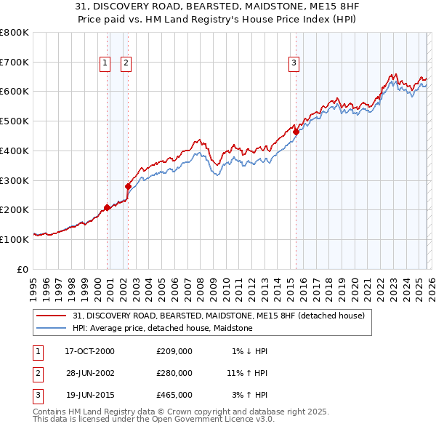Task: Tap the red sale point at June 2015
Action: [x=296, y=132]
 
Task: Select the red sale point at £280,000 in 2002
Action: [x=129, y=186]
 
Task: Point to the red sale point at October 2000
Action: [x=107, y=207]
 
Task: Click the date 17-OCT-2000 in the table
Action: [x=89, y=351]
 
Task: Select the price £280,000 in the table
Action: [x=174, y=373]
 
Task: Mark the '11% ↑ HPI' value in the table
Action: [x=248, y=373]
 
